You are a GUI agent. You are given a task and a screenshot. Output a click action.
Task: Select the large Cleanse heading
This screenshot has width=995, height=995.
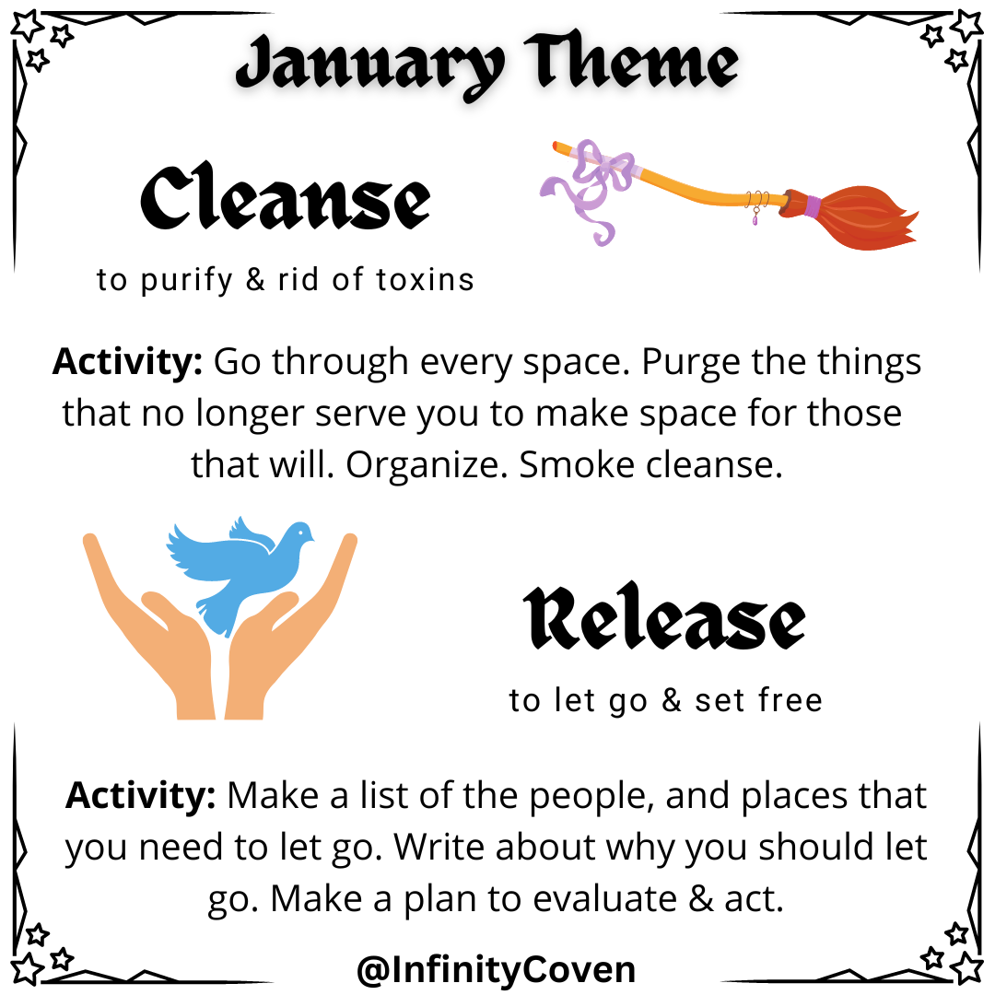click(285, 199)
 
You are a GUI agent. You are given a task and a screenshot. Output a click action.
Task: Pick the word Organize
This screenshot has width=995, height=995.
click(427, 464)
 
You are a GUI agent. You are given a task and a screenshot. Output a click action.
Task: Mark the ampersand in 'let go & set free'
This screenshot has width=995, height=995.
click(671, 701)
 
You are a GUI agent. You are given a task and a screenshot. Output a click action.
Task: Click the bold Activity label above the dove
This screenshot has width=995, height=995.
click(127, 361)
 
